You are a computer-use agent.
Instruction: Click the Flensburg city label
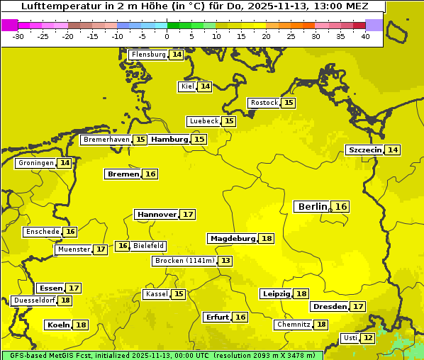coord(148,55)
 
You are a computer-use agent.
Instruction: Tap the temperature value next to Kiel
coord(205,86)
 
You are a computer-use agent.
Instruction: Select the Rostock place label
coord(264,103)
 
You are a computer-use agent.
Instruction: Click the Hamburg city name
coord(169,140)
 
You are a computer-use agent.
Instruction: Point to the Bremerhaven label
coord(106,140)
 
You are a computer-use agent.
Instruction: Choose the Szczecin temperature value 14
coord(393,150)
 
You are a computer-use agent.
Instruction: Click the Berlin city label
coord(313,206)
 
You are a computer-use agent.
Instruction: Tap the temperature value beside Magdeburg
coord(267,239)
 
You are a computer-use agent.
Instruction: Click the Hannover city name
coord(157,214)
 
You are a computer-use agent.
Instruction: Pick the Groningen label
coord(36,163)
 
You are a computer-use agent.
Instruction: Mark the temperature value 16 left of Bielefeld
coord(123,246)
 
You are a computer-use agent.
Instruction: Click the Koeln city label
coord(58,325)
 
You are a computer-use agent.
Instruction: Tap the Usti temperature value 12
coord(368,338)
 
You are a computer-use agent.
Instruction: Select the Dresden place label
coord(329,307)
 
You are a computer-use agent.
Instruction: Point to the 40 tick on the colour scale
coord(365,36)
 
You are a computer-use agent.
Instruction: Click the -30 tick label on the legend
coord(18,36)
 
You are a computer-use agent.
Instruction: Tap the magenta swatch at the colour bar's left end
coord(9,25)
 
